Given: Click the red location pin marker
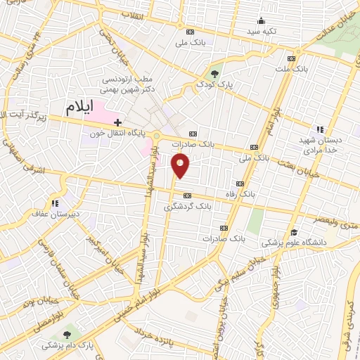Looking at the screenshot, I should point(181,166).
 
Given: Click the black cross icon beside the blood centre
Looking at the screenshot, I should point(117,122).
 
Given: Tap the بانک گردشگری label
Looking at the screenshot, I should point(187,207).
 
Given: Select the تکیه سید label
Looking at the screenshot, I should point(261,32).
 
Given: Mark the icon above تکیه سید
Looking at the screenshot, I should point(261,20).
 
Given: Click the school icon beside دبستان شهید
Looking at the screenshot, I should point(321,129).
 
